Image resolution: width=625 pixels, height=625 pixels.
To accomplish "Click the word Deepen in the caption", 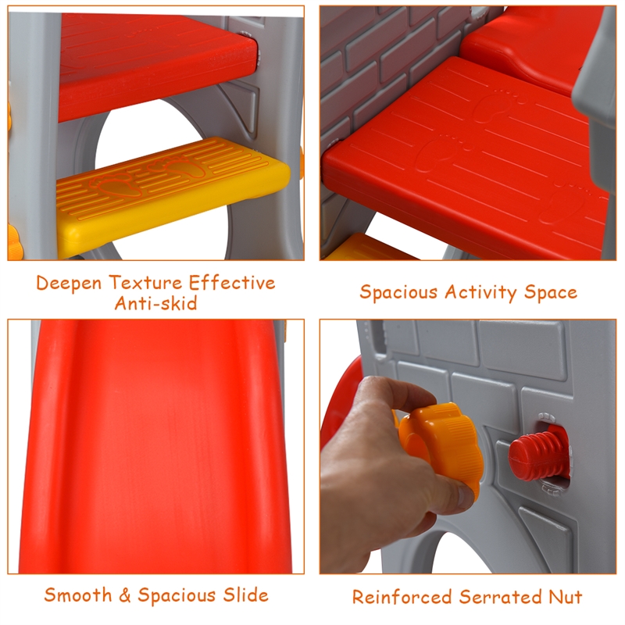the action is coord(69,284).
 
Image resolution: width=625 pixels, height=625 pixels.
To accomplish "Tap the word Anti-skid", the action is coord(155,303).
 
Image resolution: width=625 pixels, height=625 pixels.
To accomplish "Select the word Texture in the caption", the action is coord(145,283).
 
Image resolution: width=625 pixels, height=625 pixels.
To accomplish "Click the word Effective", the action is coord(231,283).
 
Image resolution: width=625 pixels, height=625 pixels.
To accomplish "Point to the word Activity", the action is coord(480,292).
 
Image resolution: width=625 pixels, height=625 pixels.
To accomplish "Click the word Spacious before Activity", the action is coord(398,292).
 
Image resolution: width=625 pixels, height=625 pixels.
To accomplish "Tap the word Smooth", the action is coord(77,595).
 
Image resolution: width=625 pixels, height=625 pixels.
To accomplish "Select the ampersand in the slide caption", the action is coord(125,595).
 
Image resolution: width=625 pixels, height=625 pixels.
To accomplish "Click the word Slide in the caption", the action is coord(245,595).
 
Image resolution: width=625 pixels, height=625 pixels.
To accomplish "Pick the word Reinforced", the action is coord(402,597).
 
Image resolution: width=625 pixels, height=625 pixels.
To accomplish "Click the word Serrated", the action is coord(500,597).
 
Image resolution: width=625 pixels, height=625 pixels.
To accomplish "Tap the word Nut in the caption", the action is coord(566,597).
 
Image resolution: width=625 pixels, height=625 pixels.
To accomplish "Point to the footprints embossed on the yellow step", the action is coord(148,175).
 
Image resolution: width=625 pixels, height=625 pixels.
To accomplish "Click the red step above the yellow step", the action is coord(158,66).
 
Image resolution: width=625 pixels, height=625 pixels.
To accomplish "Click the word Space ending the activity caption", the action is coord(551,292).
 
